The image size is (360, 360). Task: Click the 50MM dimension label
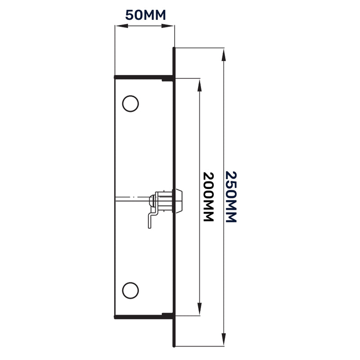[145, 14]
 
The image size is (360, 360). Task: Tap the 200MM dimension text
[208, 197]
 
